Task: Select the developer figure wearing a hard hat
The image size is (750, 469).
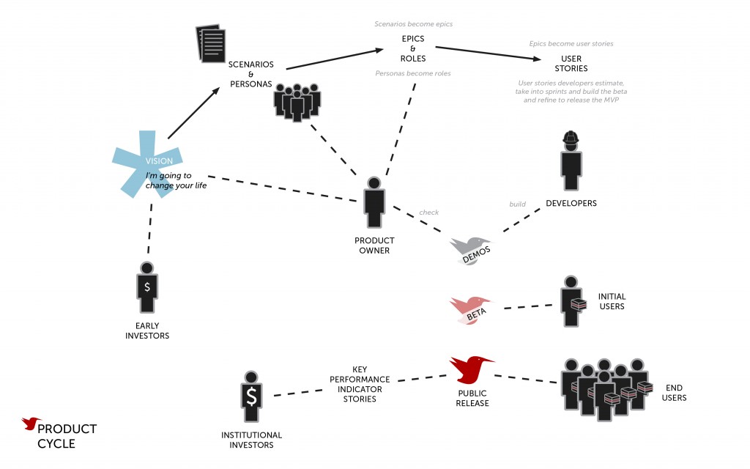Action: click(x=571, y=163)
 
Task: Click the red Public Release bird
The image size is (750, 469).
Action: click(x=469, y=368)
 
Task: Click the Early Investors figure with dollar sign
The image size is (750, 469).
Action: click(x=147, y=287)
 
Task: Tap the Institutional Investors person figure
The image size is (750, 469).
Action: click(x=251, y=396)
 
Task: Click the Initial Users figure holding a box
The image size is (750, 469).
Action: click(x=571, y=301)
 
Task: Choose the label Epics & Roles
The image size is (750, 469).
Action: click(x=413, y=48)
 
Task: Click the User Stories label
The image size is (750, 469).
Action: click(x=571, y=63)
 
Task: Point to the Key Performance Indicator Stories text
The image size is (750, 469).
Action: click(x=360, y=384)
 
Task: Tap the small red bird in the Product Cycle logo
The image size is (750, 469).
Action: click(x=31, y=424)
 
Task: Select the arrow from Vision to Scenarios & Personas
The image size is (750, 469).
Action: click(x=193, y=112)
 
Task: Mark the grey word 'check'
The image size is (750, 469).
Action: click(x=428, y=213)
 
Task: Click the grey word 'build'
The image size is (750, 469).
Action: click(x=518, y=204)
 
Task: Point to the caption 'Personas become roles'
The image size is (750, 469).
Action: click(x=413, y=73)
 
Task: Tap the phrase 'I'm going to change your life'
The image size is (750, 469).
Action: click(x=176, y=180)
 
